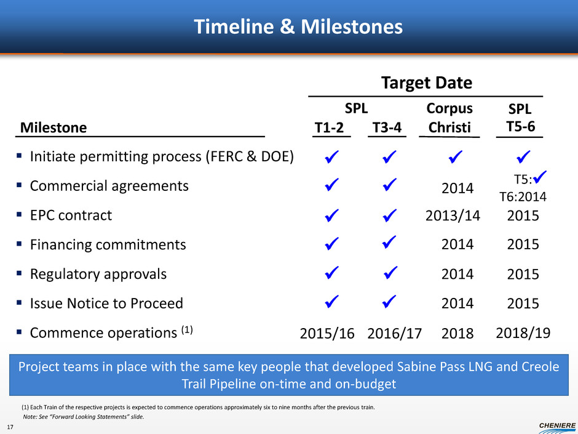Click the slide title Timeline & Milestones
(298, 26)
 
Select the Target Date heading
(427, 82)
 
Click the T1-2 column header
(329, 127)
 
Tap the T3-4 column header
(387, 127)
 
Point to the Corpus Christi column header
(449, 118)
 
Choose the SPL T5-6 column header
(520, 118)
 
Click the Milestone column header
(53, 127)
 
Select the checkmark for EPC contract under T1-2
(332, 215)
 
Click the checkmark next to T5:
(540, 177)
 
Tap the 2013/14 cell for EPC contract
(453, 215)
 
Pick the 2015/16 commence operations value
(327, 333)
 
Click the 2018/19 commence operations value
(523, 333)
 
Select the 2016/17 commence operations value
(394, 333)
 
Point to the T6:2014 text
(523, 197)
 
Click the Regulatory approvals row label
(98, 274)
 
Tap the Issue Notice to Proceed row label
(106, 303)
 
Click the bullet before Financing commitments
(19, 244)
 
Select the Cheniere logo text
(557, 425)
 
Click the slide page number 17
(10, 427)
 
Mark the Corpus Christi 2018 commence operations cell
(457, 333)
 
